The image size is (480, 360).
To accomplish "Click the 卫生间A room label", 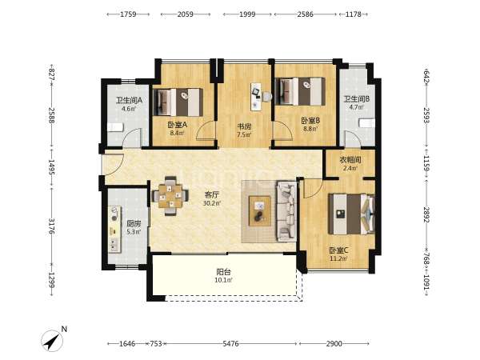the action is tap(129, 100).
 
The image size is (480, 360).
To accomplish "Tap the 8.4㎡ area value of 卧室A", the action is tap(177, 133).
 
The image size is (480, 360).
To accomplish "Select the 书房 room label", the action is tap(244, 126).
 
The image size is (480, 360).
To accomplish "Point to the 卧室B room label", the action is tap(310, 121).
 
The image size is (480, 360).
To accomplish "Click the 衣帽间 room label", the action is tap(350, 159).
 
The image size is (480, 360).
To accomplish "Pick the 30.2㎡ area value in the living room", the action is tap(211, 202).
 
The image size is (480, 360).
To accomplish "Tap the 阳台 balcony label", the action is tap(223, 272).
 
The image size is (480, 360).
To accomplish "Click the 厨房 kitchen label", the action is tap(134, 224).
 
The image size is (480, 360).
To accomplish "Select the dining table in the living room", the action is tap(170, 196).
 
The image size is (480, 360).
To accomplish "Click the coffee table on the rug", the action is tap(260, 211).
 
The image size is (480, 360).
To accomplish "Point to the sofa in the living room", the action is tap(286, 211).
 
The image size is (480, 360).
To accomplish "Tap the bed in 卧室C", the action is tap(352, 214).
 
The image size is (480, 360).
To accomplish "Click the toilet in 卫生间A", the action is tap(115, 127).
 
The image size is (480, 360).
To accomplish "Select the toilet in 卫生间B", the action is tap(366, 123).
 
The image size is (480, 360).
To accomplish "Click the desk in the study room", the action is tap(256, 97).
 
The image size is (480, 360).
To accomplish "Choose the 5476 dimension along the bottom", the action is tap(231, 343).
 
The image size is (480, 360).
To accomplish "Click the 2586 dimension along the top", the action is tap(306, 14).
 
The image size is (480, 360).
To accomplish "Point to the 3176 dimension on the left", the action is tap(51, 226).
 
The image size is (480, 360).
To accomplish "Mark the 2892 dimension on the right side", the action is tap(426, 215).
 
